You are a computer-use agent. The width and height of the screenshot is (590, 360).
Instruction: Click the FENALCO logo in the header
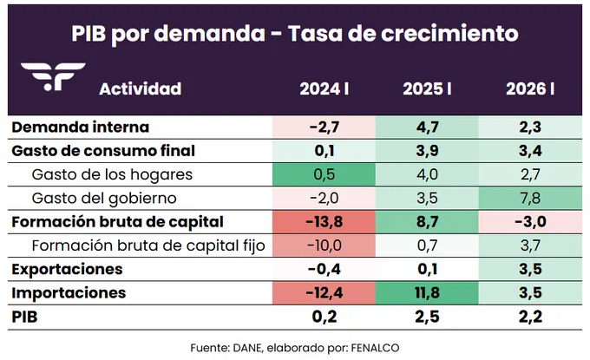point(53,76)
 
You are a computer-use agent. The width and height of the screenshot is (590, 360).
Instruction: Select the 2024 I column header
point(324,89)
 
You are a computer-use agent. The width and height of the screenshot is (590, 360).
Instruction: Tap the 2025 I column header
point(427,89)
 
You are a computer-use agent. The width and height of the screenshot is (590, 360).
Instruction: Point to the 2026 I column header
point(530,89)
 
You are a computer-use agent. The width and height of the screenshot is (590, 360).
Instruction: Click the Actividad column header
point(141,89)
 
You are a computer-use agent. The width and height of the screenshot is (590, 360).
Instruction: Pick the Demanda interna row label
point(81,128)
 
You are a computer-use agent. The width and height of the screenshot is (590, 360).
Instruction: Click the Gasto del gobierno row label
point(104,199)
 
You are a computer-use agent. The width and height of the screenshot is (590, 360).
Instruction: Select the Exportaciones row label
point(68,269)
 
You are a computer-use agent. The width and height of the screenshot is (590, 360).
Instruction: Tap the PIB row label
point(25,317)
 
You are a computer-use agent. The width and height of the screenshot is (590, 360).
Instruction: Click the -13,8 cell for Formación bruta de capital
point(324,222)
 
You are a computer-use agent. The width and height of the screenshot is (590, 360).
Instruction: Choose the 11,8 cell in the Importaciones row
point(427,293)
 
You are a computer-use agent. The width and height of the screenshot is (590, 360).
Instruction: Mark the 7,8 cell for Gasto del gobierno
point(530,199)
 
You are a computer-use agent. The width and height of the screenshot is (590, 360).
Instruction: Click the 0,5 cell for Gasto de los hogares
point(324,174)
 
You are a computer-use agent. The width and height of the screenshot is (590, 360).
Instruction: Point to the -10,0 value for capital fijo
point(324,245)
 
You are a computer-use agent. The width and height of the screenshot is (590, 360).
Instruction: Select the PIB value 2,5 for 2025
point(427,317)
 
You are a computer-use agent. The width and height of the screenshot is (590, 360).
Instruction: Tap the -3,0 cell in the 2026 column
point(530,222)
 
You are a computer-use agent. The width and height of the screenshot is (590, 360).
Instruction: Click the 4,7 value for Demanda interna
point(427,128)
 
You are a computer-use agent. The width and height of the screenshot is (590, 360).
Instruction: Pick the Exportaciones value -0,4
point(324,269)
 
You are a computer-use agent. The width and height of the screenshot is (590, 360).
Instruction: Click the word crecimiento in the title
point(449,33)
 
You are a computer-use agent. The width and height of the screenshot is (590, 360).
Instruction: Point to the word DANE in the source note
point(247,348)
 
